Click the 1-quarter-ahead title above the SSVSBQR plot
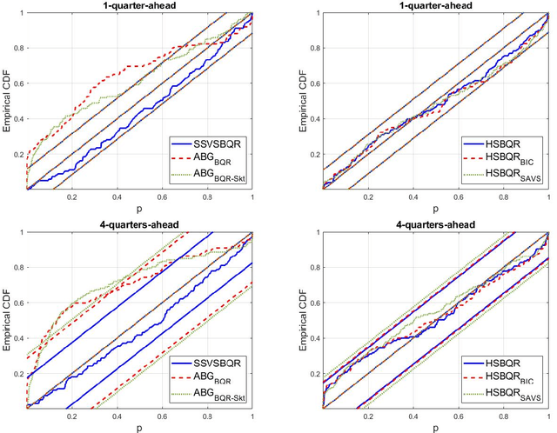pos(140,5)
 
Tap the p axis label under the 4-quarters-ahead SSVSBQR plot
pos(140,428)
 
